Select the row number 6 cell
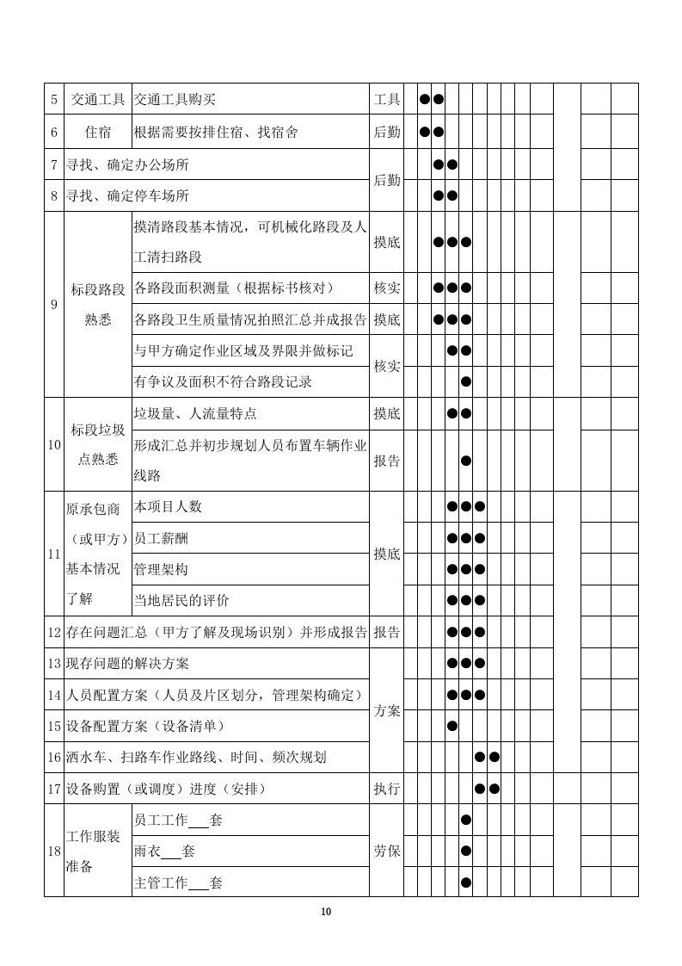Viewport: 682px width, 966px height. [54, 133]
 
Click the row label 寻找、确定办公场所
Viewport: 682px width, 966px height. [128, 164]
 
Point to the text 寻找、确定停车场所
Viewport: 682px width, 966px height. [128, 195]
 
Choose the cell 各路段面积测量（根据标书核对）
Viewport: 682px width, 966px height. [233, 288]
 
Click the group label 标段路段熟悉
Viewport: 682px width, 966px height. [98, 303]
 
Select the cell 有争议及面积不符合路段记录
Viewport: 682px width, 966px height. [223, 381]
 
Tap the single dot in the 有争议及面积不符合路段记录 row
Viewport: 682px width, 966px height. [466, 381]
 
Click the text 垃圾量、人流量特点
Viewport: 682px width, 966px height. [195, 413]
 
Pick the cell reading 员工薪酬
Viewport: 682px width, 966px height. [161, 538]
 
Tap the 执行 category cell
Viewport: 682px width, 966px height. [387, 789]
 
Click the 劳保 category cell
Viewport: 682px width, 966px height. [387, 851]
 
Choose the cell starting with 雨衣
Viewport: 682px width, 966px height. [164, 851]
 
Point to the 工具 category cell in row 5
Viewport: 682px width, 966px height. [387, 100]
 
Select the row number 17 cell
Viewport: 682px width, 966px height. [54, 789]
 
